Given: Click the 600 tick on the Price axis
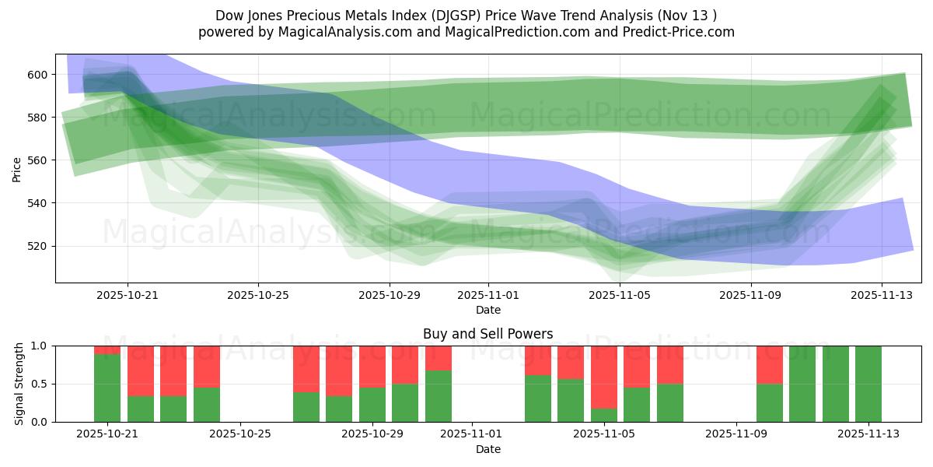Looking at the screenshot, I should (x=39, y=75).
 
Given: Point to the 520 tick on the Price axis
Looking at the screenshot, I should (x=39, y=246).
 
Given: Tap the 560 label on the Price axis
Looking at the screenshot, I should (x=39, y=160).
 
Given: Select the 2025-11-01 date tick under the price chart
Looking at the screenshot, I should (x=488, y=296).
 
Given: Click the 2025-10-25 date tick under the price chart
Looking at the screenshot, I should (x=258, y=296).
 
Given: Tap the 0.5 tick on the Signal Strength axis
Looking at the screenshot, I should (x=39, y=384).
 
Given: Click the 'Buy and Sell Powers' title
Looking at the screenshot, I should (x=487, y=334).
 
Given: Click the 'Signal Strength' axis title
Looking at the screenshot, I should (x=19, y=384).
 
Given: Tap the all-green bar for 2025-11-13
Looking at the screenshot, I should (x=868, y=384).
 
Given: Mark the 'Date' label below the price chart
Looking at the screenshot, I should (x=487, y=310).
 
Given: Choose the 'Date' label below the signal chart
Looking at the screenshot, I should (x=487, y=449).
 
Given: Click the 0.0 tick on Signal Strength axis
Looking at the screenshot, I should (x=39, y=422).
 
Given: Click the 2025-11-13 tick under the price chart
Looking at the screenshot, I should (x=881, y=296).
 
